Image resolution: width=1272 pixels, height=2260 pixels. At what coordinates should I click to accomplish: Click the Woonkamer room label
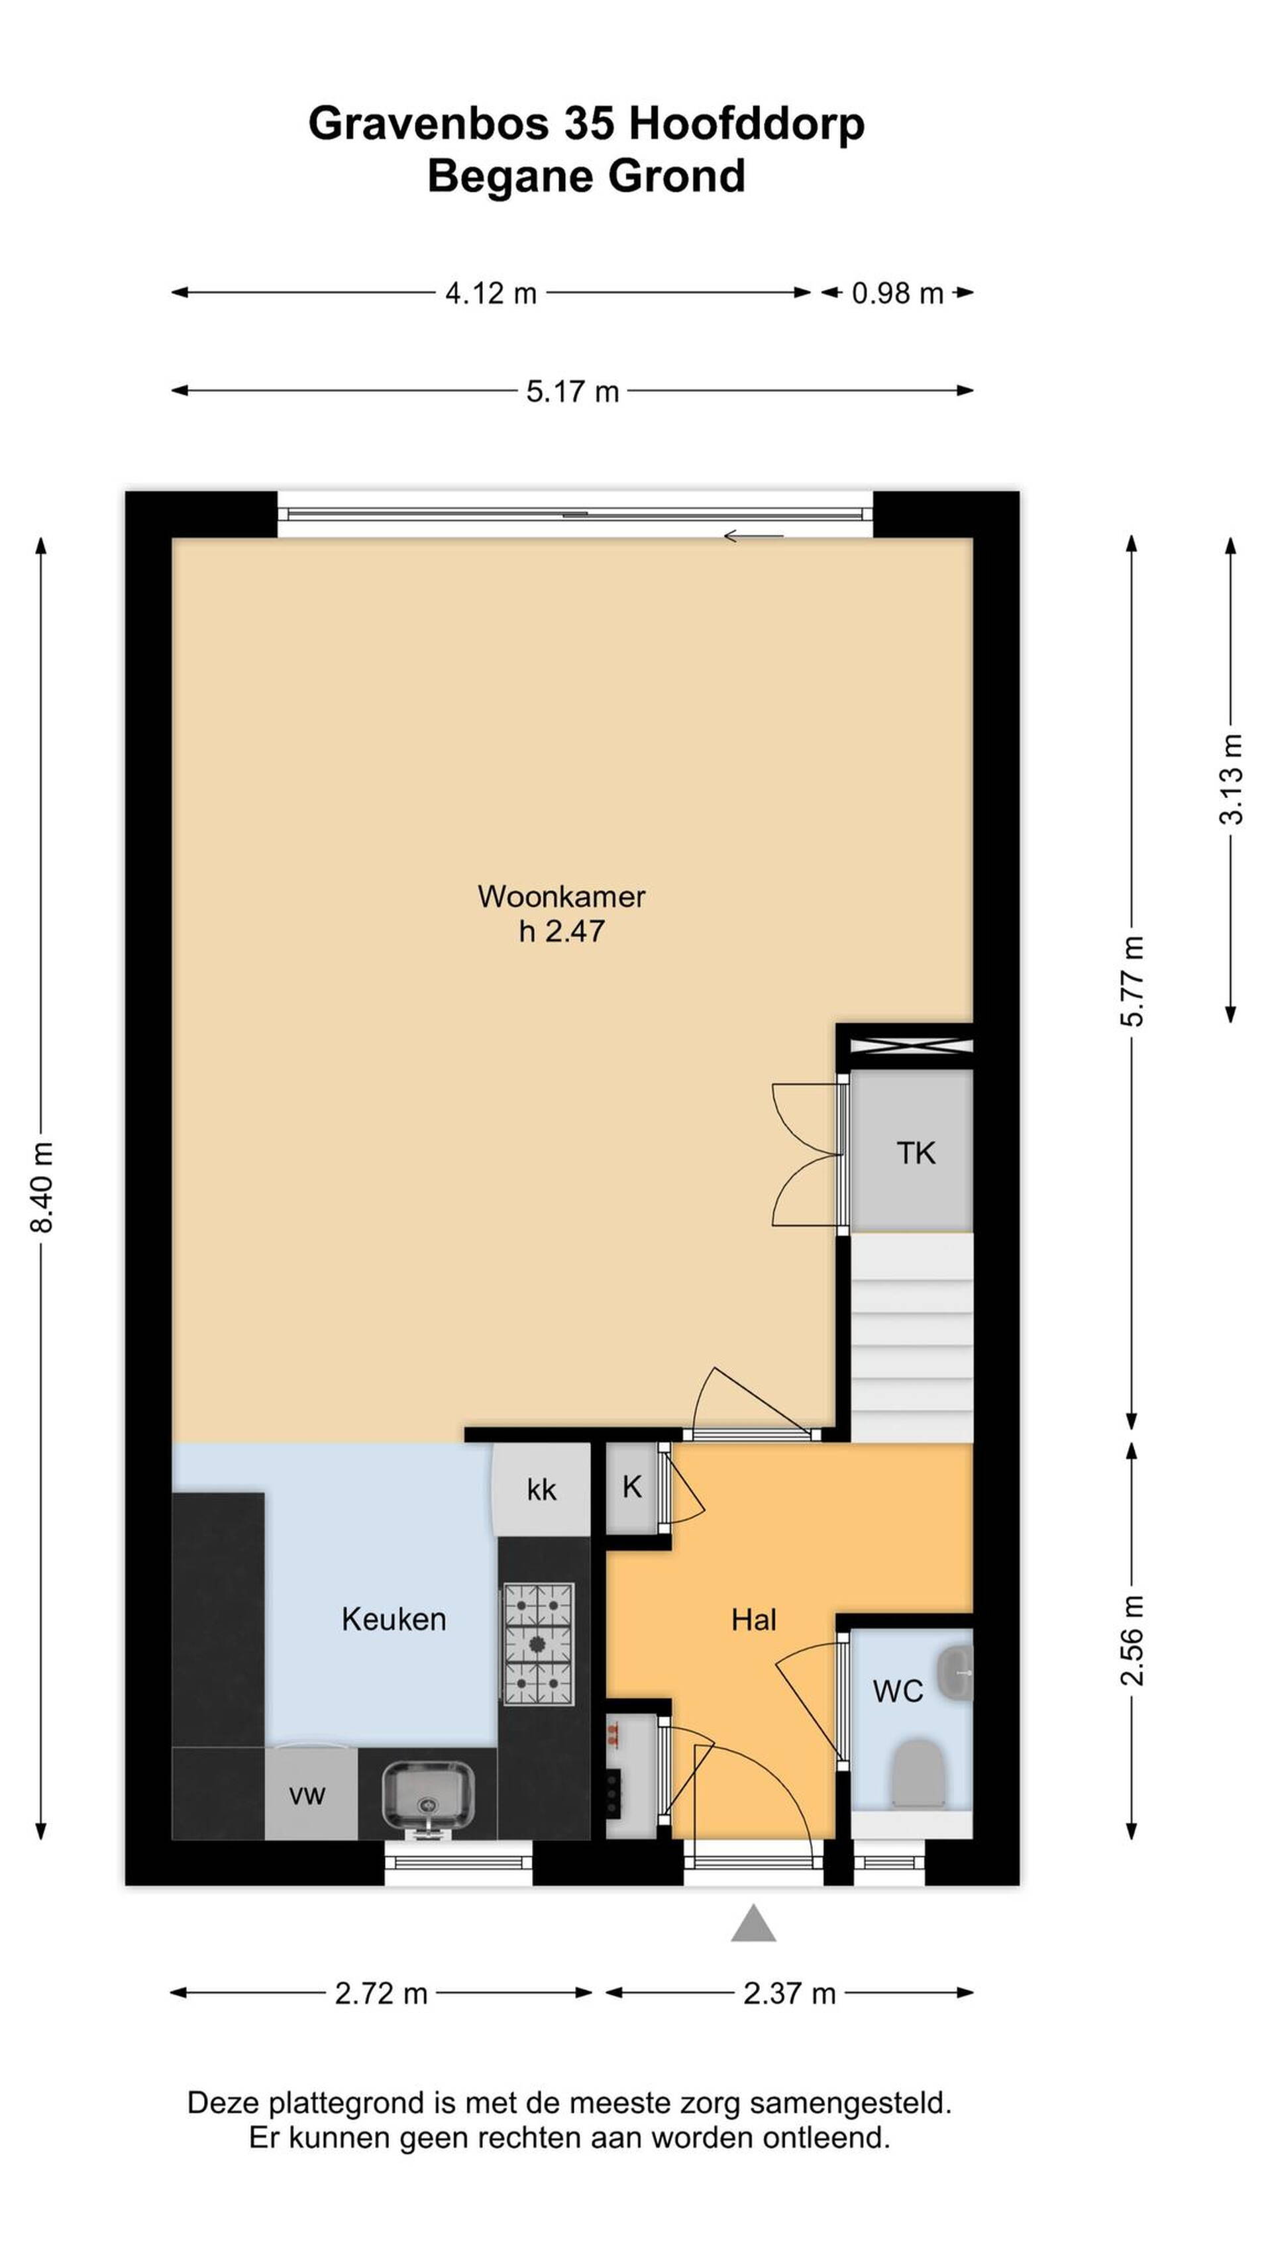click(x=561, y=896)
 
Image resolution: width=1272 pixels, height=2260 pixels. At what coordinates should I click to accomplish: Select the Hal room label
click(x=753, y=1620)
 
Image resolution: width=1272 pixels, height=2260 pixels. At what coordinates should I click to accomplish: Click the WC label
click(x=897, y=1691)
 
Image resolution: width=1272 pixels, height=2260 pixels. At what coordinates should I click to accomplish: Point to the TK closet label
click(x=916, y=1153)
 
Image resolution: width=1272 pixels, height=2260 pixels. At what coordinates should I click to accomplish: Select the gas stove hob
click(x=538, y=1644)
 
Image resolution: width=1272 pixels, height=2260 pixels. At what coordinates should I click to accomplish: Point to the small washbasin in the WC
click(x=955, y=1675)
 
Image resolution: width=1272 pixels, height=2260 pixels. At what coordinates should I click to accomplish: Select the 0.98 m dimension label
click(x=897, y=293)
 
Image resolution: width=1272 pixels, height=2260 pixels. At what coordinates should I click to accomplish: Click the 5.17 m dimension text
click(x=572, y=391)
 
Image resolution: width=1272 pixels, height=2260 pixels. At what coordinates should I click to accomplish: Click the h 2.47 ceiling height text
click(x=561, y=931)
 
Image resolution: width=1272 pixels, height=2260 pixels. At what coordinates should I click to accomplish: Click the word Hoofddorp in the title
click(x=746, y=124)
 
